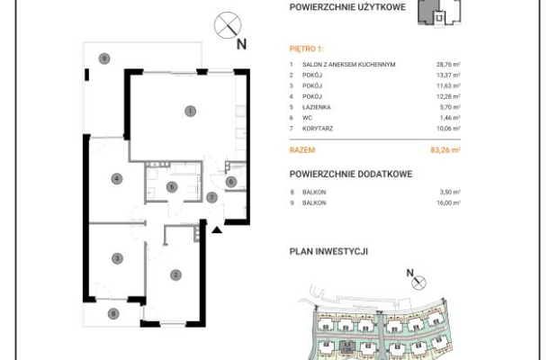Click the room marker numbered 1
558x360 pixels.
tap(191, 112)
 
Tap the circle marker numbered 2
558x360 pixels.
tap(175, 274)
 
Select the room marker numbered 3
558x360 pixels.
tap(117, 258)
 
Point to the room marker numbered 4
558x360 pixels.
tap(117, 178)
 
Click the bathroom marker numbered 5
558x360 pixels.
tap(172, 187)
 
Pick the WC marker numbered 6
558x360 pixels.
tap(231, 182)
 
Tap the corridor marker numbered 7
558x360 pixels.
tap(211, 197)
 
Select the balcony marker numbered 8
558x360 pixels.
tap(113, 314)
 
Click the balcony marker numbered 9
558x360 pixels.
tap(103, 58)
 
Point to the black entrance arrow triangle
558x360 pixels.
tap(217, 230)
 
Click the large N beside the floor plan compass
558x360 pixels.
tap(241, 44)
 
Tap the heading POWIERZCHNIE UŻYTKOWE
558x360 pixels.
tap(347, 7)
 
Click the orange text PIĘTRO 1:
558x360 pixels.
tap(306, 49)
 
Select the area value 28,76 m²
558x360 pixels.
tap(448, 65)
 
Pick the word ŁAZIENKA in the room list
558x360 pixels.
tap(317, 107)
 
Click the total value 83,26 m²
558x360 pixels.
tap(445, 149)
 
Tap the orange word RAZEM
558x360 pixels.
tap(302, 149)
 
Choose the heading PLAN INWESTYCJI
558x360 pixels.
tap(328, 251)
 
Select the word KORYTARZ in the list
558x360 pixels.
tap(318, 129)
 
